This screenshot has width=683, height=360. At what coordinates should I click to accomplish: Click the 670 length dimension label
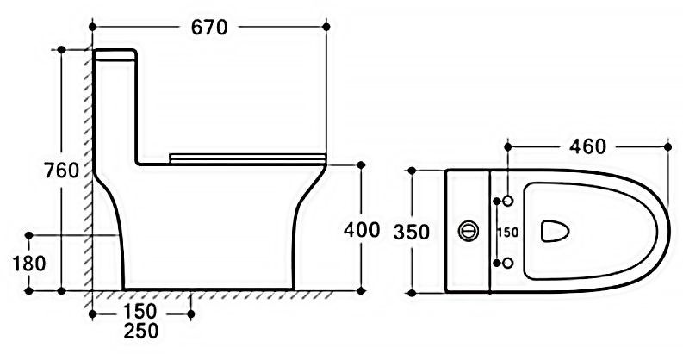coord(209,28)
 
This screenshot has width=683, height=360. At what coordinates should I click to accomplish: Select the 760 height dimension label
coord(61,171)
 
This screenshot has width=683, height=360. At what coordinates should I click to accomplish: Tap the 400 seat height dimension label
coord(362,229)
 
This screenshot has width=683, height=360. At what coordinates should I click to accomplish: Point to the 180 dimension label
coord(29,264)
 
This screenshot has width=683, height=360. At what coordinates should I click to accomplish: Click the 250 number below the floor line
coord(141,331)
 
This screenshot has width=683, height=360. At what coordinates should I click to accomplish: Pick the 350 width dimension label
coord(411,232)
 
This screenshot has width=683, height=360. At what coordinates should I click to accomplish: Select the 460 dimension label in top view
coord(587,146)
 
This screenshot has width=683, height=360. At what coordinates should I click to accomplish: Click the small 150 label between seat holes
coord(508,233)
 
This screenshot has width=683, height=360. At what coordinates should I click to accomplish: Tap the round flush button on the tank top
coord(469,231)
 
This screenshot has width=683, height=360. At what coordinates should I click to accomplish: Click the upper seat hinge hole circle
coord(508,201)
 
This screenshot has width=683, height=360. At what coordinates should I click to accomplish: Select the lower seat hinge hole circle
coord(508,263)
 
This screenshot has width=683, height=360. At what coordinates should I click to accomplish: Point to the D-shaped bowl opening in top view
coord(555,231)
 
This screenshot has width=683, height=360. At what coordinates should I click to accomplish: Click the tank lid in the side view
coord(115,54)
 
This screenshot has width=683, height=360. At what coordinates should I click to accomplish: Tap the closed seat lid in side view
coord(247,158)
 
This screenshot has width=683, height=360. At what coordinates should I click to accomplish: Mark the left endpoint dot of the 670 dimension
coord(92,27)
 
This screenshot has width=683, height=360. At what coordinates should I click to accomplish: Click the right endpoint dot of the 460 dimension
coord(667,147)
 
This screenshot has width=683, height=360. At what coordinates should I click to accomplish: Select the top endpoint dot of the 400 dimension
coord(361,165)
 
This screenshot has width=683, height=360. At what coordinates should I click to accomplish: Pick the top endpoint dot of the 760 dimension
coord(61,50)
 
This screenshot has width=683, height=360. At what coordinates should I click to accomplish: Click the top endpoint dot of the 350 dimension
coord(412,171)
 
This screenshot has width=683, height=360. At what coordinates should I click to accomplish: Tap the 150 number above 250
coord(140,312)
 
